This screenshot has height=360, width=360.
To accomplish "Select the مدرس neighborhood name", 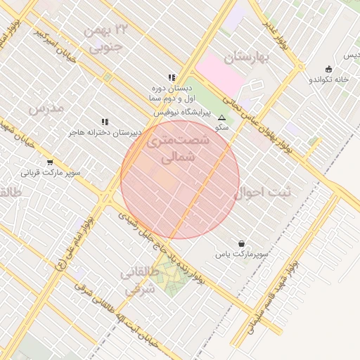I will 46,108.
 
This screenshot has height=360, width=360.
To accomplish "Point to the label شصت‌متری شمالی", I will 179,148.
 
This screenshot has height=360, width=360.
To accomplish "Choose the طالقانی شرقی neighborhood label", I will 137,280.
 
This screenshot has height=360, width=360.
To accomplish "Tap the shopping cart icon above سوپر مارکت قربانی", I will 49,162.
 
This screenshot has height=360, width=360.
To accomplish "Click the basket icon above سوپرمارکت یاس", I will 242,242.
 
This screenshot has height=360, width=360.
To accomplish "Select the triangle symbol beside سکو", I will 222,117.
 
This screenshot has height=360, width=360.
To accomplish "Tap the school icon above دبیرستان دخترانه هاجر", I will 105,122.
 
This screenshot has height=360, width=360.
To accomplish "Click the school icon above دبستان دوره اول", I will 171,77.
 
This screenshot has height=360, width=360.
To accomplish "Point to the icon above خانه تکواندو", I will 328,69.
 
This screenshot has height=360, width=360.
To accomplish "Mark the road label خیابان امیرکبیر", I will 57,44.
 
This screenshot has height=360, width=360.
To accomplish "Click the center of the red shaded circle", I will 180,179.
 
